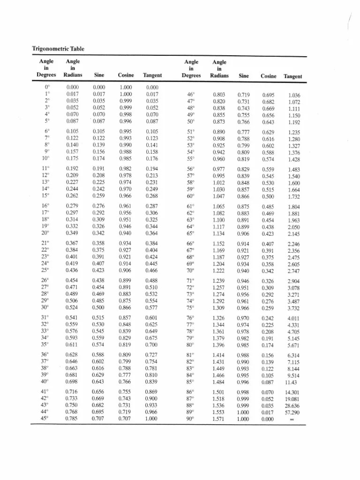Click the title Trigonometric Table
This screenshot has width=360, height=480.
(x=58, y=48)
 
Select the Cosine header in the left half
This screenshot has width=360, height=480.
(x=126, y=75)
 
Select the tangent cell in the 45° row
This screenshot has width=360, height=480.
(x=152, y=418)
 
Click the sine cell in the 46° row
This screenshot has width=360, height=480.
(x=244, y=94)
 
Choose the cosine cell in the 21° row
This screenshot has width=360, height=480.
(x=126, y=243)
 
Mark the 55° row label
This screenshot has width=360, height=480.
(x=191, y=159)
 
